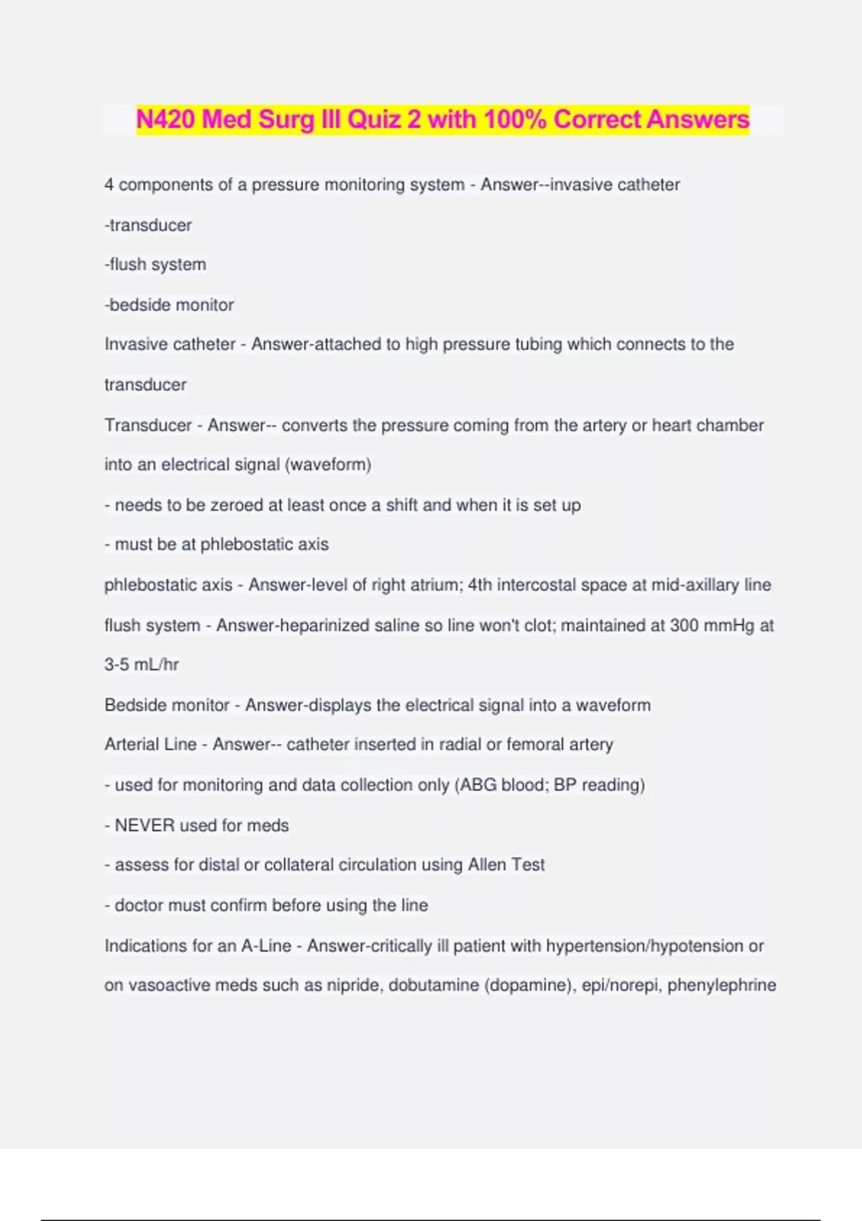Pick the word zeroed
236,506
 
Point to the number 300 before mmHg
685,626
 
